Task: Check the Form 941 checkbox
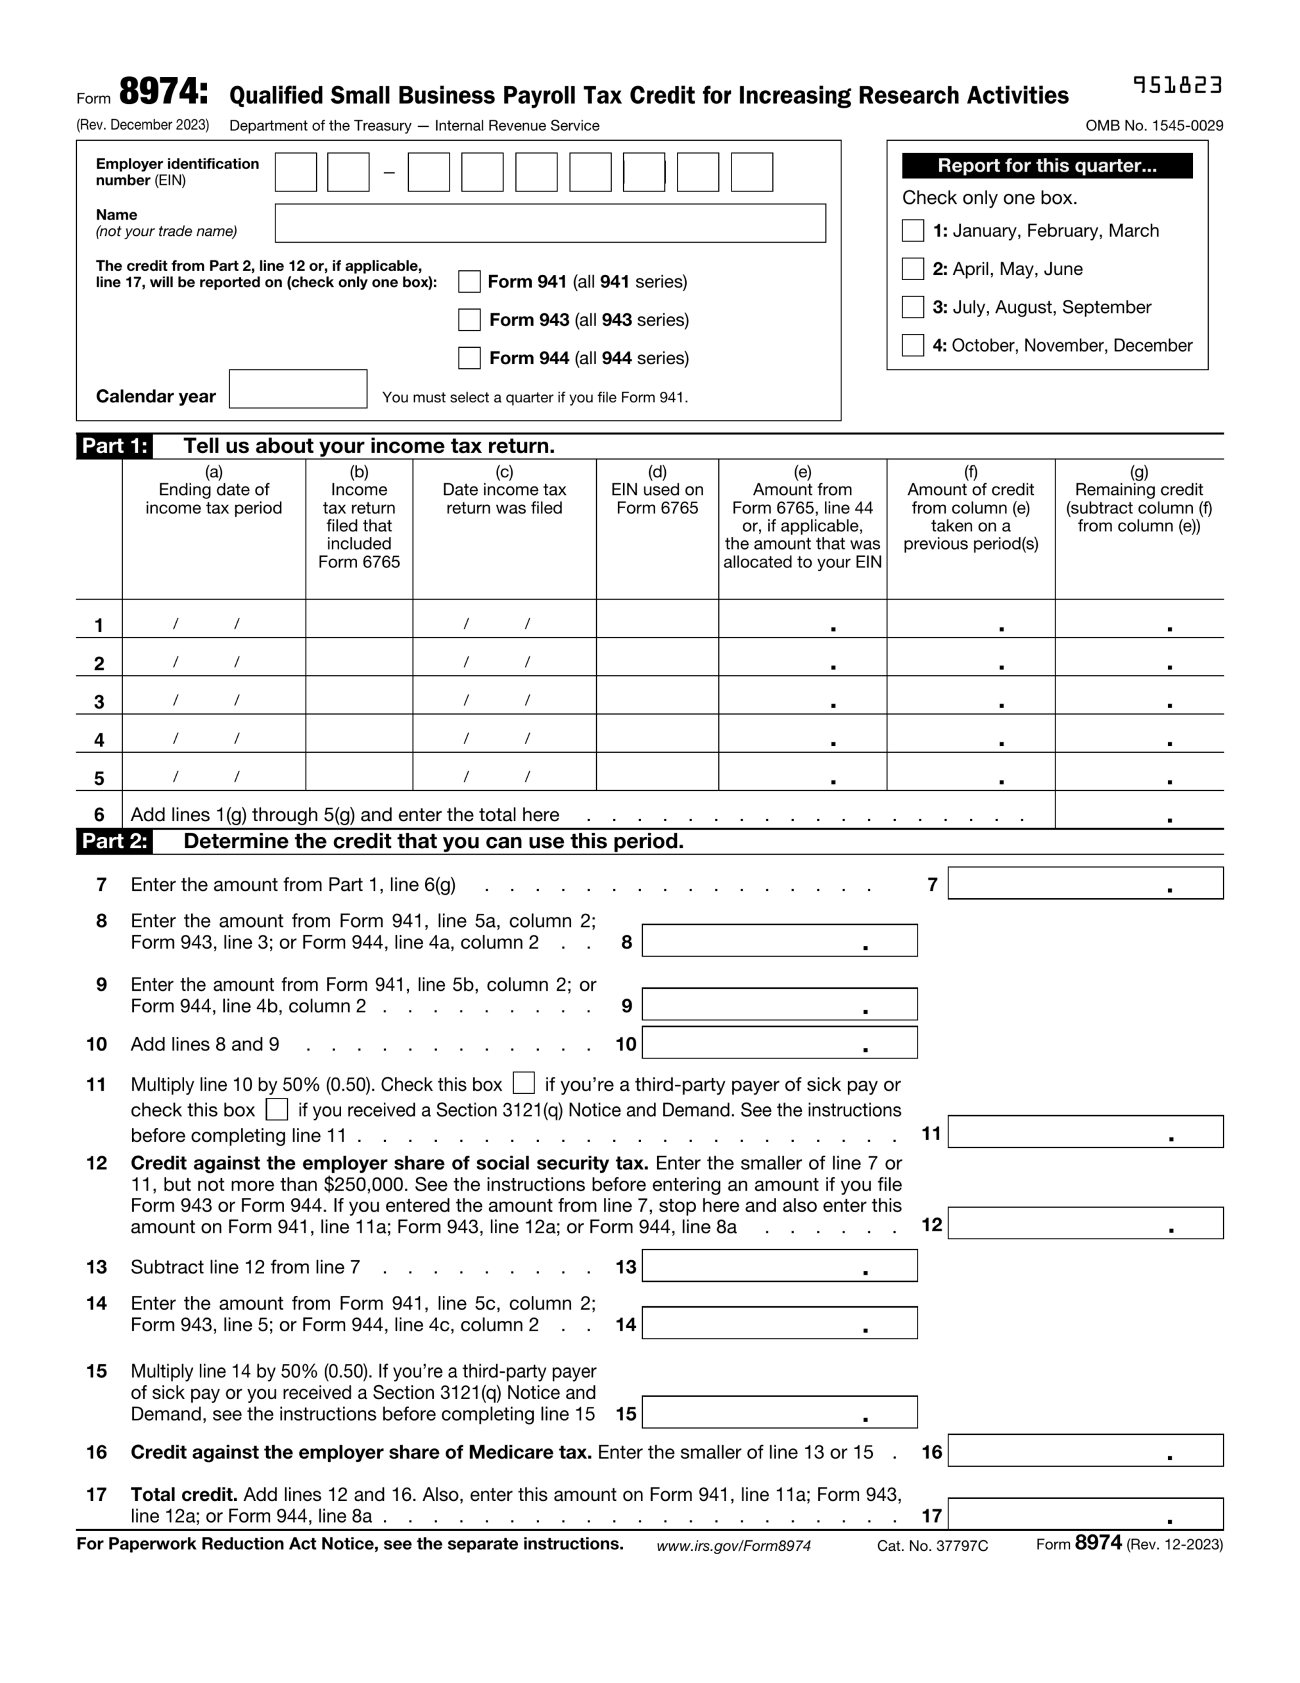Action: [x=469, y=281]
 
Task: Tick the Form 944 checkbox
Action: [x=469, y=358]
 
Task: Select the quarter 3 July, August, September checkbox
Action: [x=912, y=307]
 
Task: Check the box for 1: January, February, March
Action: [x=912, y=230]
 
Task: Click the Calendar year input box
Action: [x=298, y=389]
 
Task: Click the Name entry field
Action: [x=549, y=224]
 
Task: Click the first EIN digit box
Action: [x=296, y=172]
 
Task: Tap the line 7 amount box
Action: [x=1084, y=883]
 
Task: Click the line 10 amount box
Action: [x=779, y=1043]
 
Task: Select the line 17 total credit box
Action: [x=1084, y=1513]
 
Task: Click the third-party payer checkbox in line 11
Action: [x=523, y=1083]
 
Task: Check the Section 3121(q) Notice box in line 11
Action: [x=276, y=1109]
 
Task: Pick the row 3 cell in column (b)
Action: [x=358, y=695]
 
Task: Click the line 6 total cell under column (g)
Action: [x=1138, y=810]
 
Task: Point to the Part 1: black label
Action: [x=114, y=446]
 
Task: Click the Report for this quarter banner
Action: [x=1046, y=166]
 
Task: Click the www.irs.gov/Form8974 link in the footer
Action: [x=733, y=1546]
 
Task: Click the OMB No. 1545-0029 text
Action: [x=1153, y=126]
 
